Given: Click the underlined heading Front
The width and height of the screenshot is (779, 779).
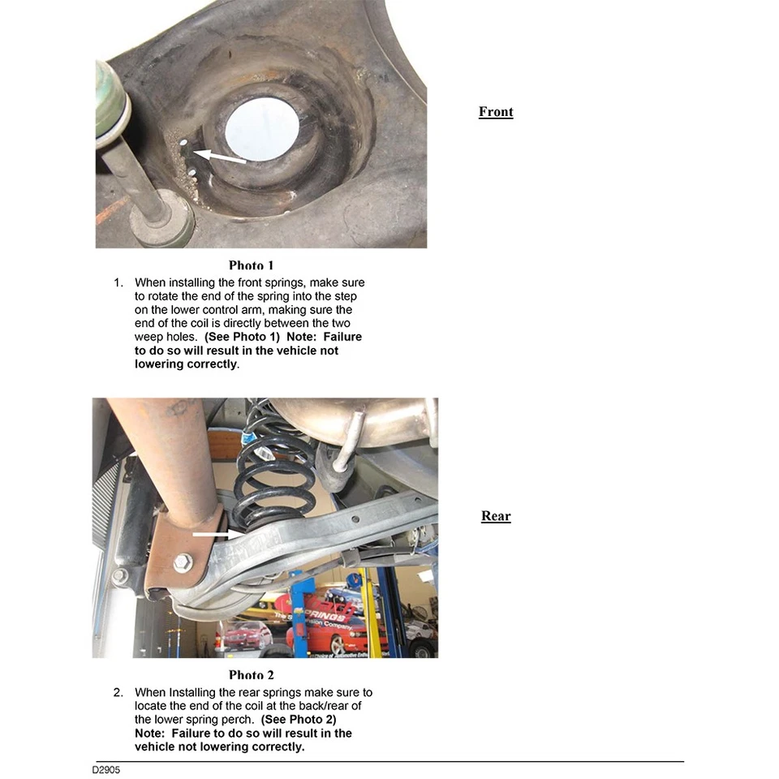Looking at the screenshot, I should coord(496,112).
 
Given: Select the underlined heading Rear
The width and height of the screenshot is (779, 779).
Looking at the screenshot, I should coord(496,516).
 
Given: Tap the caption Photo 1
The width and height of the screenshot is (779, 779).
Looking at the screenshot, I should coord(252,265).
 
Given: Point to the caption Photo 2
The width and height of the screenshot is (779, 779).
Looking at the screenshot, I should coord(252,675).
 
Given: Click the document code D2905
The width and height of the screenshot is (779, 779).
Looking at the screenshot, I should coord(105,769).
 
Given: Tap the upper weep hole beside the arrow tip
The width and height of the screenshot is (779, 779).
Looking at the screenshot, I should coord(184,144).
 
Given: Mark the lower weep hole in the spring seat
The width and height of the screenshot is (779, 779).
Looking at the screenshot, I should coord(190,173).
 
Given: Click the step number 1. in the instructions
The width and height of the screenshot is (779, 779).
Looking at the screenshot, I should coord(118,283).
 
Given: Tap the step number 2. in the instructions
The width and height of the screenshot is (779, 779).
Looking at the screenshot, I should coord(118,693).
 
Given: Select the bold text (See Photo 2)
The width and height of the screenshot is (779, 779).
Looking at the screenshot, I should coord(299,720).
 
